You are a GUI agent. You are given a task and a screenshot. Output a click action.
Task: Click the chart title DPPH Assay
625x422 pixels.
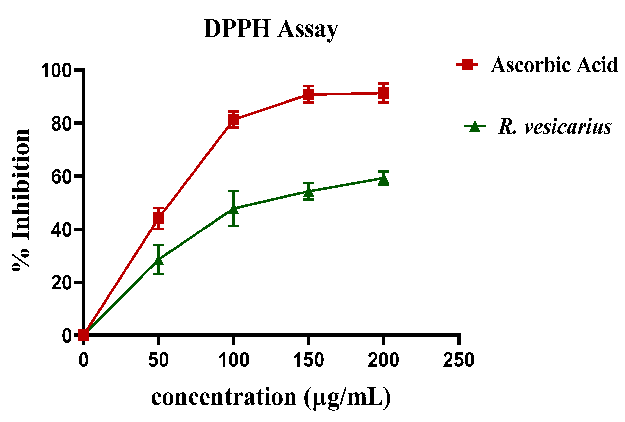point(271,29)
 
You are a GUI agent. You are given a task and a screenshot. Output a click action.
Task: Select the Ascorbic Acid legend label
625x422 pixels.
point(554,65)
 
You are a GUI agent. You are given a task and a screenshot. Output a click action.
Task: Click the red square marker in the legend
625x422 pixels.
point(467,64)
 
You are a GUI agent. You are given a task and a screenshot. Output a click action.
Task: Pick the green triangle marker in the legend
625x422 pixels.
point(475,126)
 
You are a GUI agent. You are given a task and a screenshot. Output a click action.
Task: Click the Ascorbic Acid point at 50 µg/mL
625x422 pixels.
point(159,218)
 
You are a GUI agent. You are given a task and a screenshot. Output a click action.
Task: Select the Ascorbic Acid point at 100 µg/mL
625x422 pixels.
point(233,119)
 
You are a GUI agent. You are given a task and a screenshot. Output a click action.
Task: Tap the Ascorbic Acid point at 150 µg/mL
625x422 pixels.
point(309,94)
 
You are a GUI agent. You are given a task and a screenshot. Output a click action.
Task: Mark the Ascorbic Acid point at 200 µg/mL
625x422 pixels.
point(384,93)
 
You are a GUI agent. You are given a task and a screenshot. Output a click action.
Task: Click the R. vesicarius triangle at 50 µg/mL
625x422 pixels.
point(159,260)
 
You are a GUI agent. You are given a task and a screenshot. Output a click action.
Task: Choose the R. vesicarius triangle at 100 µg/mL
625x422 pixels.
point(233,209)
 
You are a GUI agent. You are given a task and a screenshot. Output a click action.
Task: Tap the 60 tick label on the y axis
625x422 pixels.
point(61,177)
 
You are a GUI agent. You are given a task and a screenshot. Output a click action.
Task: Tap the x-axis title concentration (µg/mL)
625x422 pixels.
point(271,398)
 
